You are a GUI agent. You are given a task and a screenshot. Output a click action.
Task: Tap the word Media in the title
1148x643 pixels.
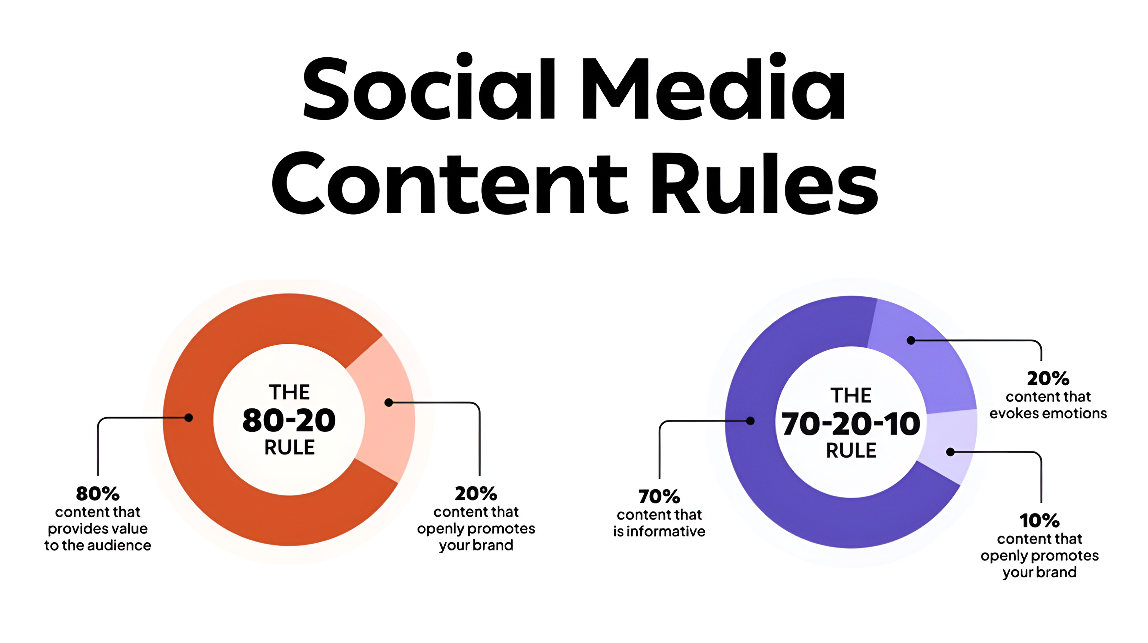[714, 87]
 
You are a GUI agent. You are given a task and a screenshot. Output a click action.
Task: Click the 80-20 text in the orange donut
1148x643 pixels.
[289, 421]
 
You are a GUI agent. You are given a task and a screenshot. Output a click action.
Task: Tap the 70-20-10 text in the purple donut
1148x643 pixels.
[850, 423]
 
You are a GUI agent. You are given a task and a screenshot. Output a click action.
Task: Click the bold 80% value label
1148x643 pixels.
[98, 493]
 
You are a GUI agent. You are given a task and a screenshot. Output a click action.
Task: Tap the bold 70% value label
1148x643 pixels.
[659, 496]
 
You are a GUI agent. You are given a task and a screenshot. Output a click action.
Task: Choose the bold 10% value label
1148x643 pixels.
[1039, 520]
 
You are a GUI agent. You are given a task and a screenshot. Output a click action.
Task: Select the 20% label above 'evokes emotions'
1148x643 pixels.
[1048, 378]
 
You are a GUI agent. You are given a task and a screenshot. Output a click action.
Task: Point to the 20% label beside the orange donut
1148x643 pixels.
[476, 493]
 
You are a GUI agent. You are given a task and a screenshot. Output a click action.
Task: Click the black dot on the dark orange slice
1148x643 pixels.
[188, 418]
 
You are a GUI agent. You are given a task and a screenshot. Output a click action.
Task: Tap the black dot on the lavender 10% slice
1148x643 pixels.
[950, 452]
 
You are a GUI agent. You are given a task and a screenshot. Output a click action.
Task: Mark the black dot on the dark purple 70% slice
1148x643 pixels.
[750, 421]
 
